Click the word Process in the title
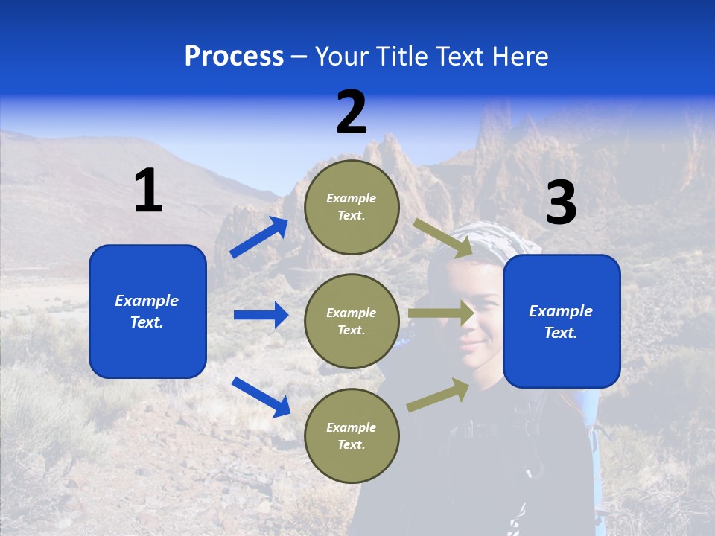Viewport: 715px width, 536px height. (x=234, y=57)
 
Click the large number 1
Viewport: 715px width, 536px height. (x=148, y=191)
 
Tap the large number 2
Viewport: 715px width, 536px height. (x=352, y=112)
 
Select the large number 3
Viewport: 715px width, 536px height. (x=561, y=203)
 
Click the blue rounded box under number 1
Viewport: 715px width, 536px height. (x=147, y=311)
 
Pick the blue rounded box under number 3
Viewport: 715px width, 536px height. (x=562, y=321)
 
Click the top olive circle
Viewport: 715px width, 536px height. (x=352, y=207)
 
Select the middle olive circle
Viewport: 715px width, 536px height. (x=352, y=321)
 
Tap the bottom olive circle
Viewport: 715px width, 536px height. (x=352, y=435)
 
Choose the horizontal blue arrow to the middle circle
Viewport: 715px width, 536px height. (x=261, y=315)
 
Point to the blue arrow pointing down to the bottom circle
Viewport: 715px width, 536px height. (x=261, y=397)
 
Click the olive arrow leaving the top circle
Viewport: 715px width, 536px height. (x=443, y=238)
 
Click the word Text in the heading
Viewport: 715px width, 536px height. (x=460, y=57)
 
